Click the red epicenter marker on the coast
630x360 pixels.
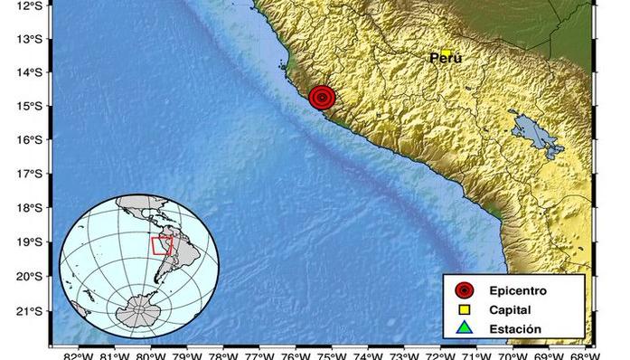pyautogui.click(x=323, y=97)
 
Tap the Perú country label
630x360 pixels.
pyautogui.click(x=445, y=58)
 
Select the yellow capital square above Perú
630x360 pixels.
pyautogui.click(x=447, y=52)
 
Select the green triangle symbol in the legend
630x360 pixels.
pyautogui.click(x=465, y=327)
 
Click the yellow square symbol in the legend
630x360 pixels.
pyautogui.click(x=465, y=309)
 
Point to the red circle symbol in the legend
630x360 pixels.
pyautogui.click(x=465, y=290)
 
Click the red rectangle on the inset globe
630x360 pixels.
pyautogui.click(x=162, y=244)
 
